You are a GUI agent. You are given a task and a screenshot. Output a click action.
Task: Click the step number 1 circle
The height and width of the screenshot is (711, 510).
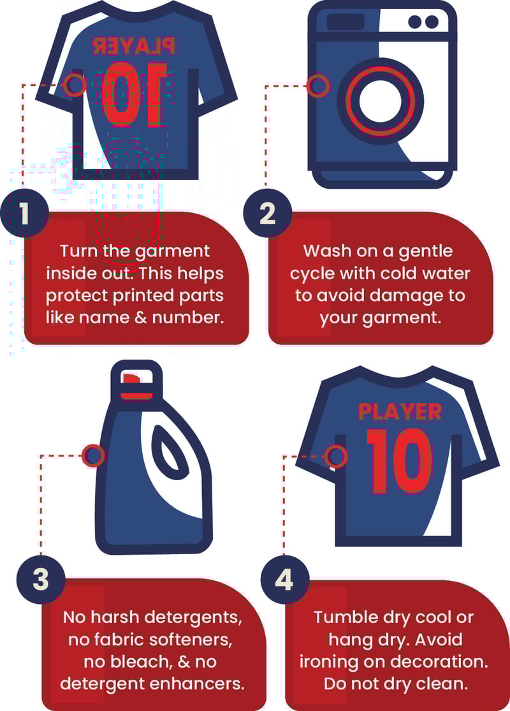[x=24, y=213]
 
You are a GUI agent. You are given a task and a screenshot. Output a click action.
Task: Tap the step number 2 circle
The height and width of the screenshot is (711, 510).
[x=268, y=213]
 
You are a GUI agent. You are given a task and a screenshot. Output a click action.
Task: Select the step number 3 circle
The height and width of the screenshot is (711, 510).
[x=41, y=579]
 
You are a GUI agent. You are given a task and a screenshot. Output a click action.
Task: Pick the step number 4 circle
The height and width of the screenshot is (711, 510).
[x=285, y=579]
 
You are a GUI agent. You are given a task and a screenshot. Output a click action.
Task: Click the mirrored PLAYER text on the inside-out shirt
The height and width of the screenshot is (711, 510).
[x=134, y=46]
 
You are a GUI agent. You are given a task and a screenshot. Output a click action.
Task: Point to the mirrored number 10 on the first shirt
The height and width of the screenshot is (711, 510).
[x=134, y=94]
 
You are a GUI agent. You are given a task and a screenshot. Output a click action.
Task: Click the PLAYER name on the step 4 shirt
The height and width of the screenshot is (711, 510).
[x=400, y=412]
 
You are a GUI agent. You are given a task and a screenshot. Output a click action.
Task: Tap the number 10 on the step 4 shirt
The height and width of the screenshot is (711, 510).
[x=399, y=460]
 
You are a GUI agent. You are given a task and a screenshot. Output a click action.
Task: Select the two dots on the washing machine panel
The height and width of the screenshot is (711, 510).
[x=423, y=21]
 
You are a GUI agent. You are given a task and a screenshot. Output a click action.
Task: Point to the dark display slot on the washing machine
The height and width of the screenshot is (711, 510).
[x=346, y=22]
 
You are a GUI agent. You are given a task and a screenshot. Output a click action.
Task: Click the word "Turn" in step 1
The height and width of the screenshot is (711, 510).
[x=78, y=251]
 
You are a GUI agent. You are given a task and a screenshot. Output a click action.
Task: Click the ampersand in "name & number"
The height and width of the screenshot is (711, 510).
[x=141, y=318]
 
